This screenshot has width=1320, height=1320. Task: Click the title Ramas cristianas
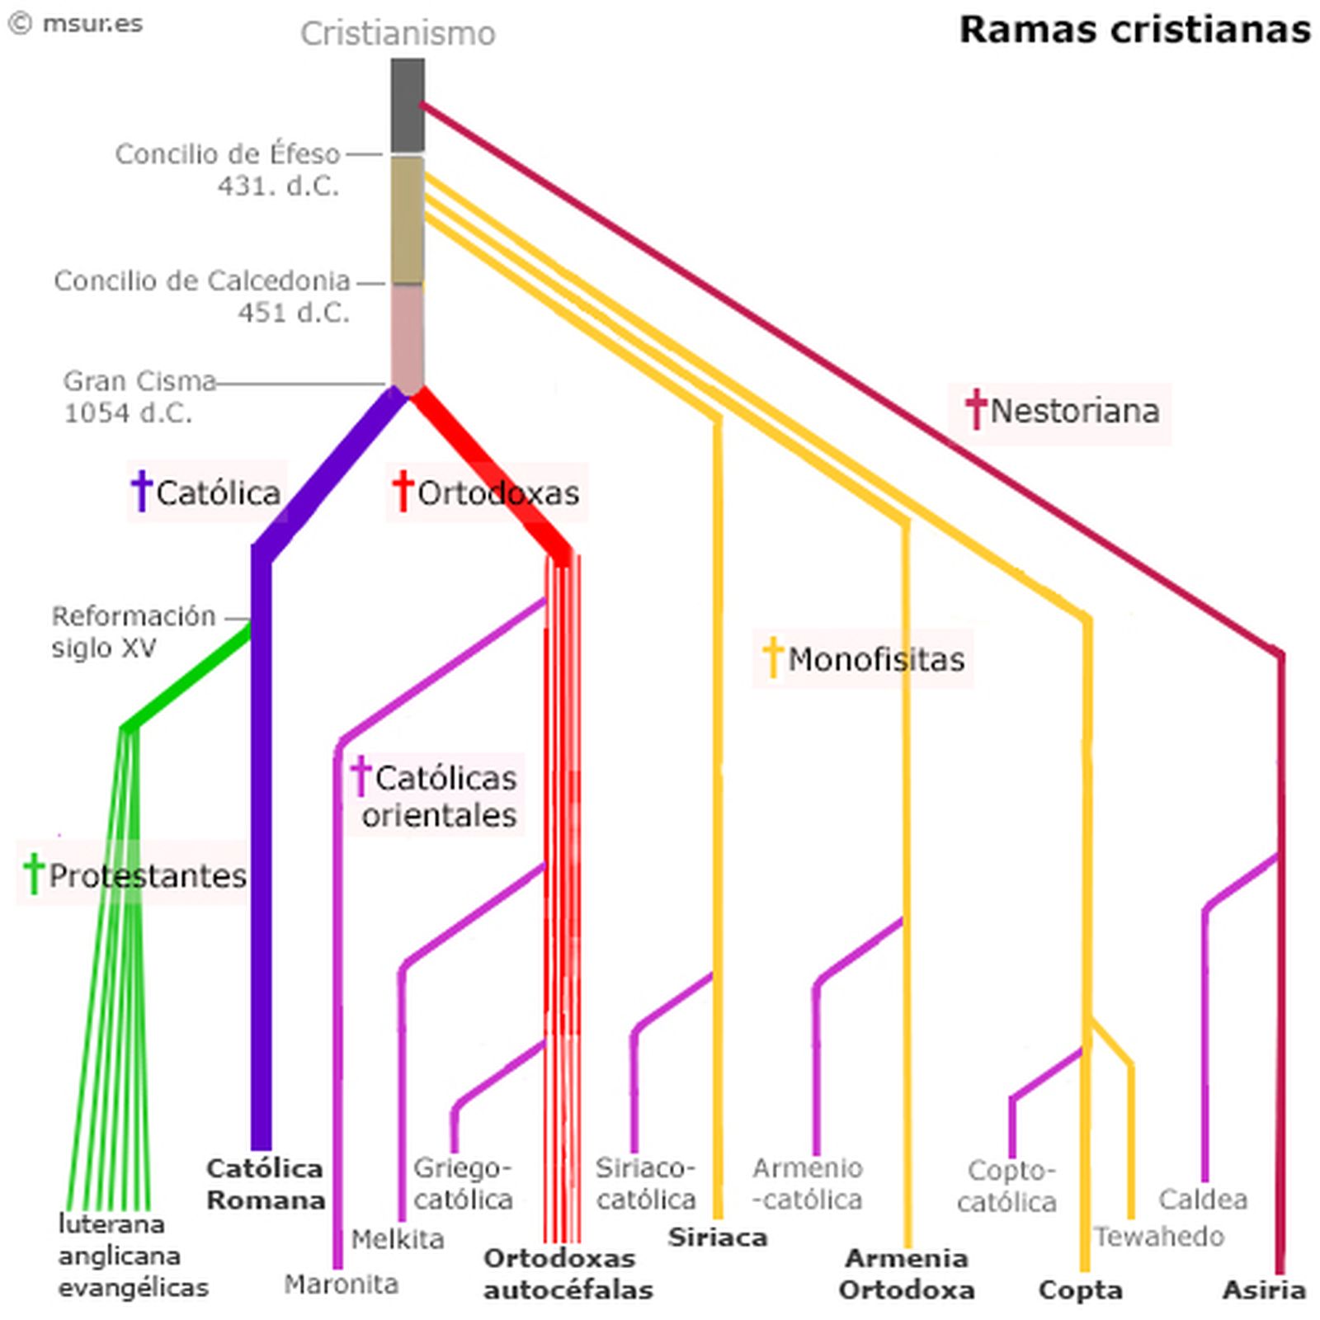click(x=1134, y=30)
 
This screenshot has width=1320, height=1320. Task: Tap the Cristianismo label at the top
click(x=398, y=34)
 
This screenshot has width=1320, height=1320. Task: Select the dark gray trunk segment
click(x=408, y=105)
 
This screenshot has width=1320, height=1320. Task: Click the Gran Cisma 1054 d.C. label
click(x=139, y=396)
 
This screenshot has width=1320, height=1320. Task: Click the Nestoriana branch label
click(x=1074, y=411)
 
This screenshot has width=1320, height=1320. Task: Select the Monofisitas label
click(x=875, y=659)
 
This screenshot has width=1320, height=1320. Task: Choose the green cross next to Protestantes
click(x=34, y=874)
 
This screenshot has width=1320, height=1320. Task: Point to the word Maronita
click(x=342, y=1284)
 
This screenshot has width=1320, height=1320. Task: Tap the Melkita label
click(x=398, y=1238)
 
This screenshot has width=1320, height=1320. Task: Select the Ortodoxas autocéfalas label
click(x=568, y=1273)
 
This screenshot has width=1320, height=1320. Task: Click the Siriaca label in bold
click(x=718, y=1237)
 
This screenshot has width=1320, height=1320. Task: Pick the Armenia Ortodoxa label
click(x=907, y=1273)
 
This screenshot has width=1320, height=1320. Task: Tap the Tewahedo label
click(x=1159, y=1236)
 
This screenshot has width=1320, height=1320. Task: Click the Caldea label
click(x=1202, y=1199)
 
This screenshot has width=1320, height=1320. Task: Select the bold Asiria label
click(x=1264, y=1289)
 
